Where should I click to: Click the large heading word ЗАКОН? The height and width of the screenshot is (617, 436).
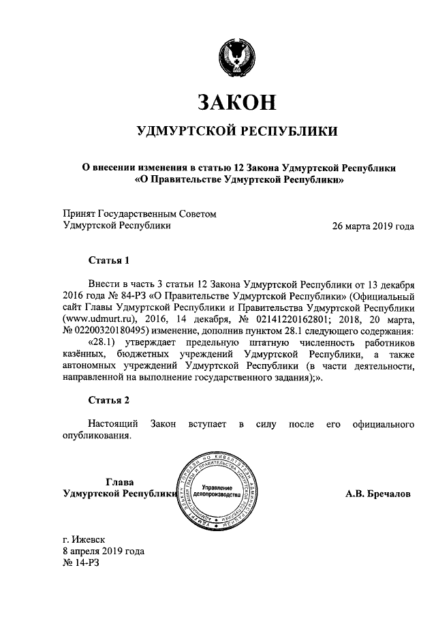[x=236, y=102]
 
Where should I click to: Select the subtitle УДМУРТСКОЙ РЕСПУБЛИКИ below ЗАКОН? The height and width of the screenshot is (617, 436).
[x=236, y=131]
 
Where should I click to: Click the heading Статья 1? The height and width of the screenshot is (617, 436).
[x=108, y=260]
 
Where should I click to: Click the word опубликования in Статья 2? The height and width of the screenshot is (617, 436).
[x=95, y=436]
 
